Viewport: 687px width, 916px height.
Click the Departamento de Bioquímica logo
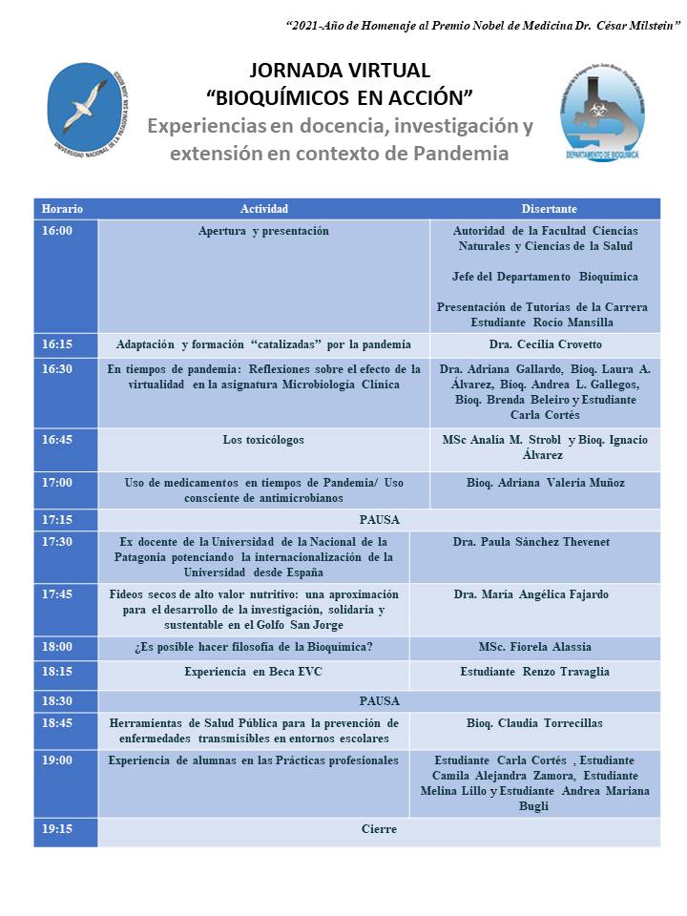click(x=600, y=113)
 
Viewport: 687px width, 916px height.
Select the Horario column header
click(x=63, y=209)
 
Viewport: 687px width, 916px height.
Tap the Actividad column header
click(x=264, y=209)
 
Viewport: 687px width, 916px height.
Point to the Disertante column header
click(x=549, y=209)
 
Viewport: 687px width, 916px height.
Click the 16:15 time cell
click(x=57, y=344)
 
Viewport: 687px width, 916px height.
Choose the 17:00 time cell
click(x=57, y=483)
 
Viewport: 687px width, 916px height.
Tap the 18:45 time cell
click(x=57, y=723)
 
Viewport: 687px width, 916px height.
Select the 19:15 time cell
click(x=57, y=830)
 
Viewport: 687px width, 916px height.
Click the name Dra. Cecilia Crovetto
click(x=545, y=344)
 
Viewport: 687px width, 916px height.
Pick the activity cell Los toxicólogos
click(x=264, y=440)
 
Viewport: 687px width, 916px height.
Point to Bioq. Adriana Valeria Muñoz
click(x=545, y=483)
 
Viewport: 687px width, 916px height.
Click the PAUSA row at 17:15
click(x=379, y=520)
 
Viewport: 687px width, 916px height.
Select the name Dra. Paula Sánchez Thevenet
click(x=531, y=542)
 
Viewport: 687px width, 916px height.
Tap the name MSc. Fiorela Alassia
click(x=534, y=648)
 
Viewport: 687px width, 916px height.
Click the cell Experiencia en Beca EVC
click(x=254, y=672)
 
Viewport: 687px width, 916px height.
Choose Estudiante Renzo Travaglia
click(x=534, y=672)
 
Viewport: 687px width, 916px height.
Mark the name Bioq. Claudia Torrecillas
click(x=534, y=723)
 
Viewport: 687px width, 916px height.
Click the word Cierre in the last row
click(x=379, y=830)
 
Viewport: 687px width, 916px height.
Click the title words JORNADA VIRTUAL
click(x=340, y=70)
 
